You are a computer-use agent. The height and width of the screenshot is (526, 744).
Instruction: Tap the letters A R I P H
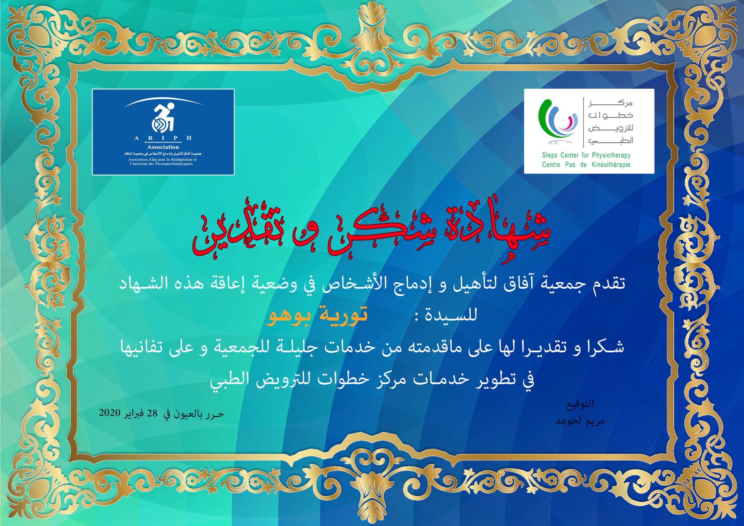coord(163,138)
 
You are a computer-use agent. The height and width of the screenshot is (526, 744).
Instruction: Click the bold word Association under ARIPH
coord(163,147)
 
